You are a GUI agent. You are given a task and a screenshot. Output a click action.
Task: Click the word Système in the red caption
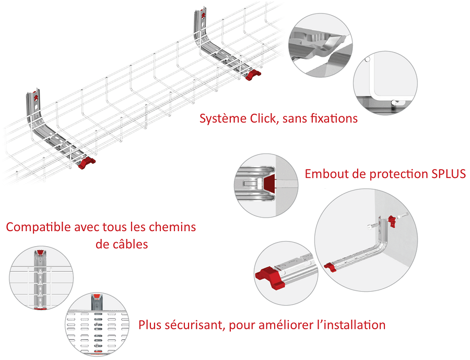[224, 119]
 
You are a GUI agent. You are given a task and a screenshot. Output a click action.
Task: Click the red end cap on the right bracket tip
[253, 75]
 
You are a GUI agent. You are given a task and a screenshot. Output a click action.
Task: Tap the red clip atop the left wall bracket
[36, 98]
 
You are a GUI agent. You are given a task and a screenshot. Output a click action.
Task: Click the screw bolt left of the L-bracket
[372, 226]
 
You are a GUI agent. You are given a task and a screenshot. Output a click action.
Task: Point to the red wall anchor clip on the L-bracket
[392, 221]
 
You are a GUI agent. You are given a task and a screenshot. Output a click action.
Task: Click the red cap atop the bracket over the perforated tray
[96, 297]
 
